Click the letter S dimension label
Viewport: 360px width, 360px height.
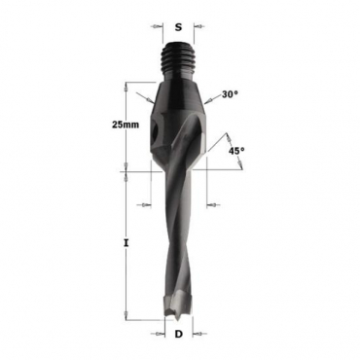(x=178, y=27)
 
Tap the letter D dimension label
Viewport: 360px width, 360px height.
(x=178, y=335)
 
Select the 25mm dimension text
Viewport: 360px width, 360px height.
(x=126, y=125)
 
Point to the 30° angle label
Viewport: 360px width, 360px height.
(x=230, y=94)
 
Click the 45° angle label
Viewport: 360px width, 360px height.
(x=236, y=151)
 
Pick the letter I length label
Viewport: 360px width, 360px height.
(x=126, y=242)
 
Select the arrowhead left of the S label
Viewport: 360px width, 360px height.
(x=157, y=26)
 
